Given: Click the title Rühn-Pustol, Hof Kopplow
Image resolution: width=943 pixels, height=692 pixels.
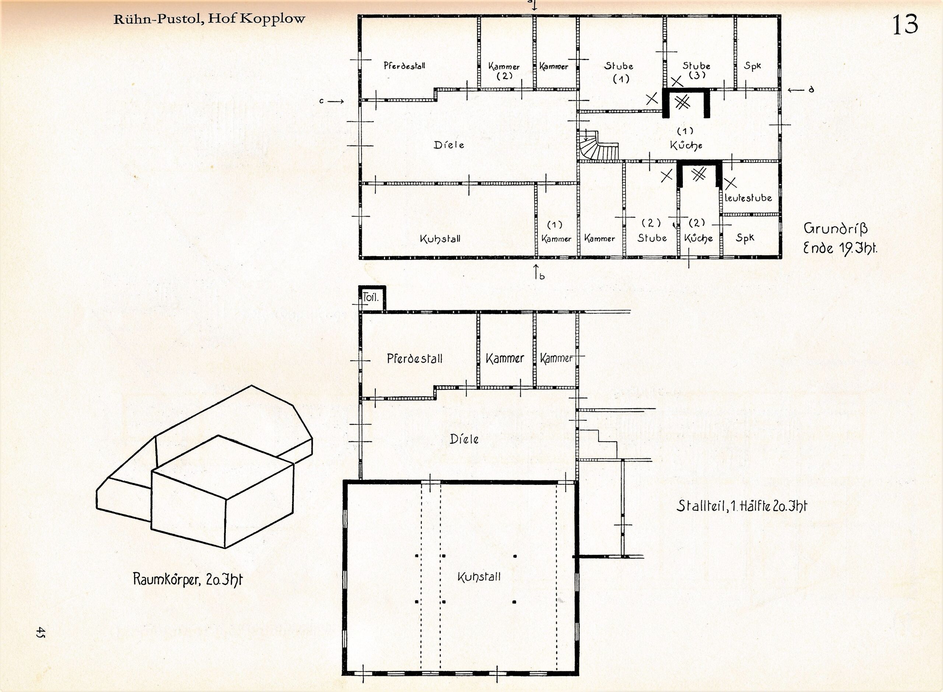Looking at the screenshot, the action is (x=209, y=19).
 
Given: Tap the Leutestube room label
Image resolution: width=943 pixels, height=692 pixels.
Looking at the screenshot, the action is (x=748, y=197).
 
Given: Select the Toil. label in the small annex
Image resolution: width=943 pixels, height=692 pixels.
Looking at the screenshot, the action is (x=371, y=298).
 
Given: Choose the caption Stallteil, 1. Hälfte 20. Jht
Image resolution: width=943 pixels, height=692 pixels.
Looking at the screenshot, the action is (x=742, y=506).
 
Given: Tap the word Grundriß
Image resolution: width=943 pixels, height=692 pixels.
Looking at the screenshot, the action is (x=836, y=229).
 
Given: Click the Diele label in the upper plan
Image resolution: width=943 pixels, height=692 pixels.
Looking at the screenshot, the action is (x=449, y=145).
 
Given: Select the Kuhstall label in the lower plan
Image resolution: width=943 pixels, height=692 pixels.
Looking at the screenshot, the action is (x=479, y=577).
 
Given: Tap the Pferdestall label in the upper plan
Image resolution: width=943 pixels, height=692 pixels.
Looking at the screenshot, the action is (x=404, y=66).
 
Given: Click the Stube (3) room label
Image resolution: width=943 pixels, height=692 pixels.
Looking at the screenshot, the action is (x=696, y=70).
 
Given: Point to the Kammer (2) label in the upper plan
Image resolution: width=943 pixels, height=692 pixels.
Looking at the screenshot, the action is (x=504, y=71).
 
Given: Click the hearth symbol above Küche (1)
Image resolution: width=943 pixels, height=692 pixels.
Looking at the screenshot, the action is (x=683, y=102).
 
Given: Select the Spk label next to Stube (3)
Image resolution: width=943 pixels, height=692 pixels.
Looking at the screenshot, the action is (x=752, y=66).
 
